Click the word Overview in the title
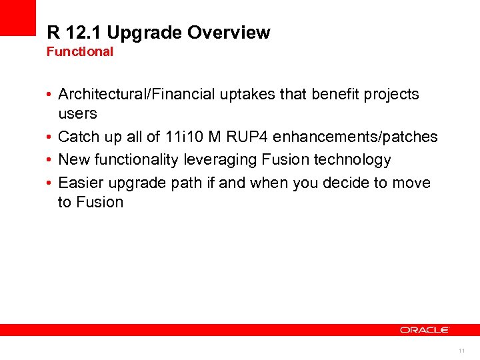tap(229, 33)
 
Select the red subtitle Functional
tap(80, 51)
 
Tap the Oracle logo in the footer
tap(425, 330)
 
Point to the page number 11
tap(461, 350)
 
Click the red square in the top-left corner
tap(17, 17)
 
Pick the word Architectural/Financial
tap(137, 95)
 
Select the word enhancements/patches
tap(355, 137)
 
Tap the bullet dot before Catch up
tap(50, 137)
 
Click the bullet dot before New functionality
tap(50, 160)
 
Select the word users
tap(77, 113)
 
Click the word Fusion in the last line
tap(99, 202)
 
